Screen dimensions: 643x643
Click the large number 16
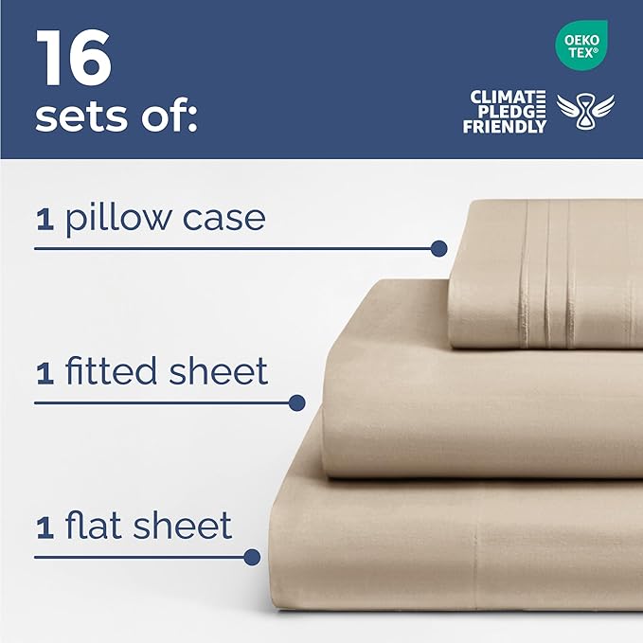tap(74, 60)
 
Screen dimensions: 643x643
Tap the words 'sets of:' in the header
tap(115, 118)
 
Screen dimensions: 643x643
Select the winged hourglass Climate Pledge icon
tap(585, 112)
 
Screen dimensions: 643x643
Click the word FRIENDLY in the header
tap(504, 126)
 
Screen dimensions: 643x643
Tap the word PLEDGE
tap(511, 112)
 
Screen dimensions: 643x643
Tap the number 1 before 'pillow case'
tap(45, 221)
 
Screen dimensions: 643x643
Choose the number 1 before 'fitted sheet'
tap(45, 373)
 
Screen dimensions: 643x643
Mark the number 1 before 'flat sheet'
tap(45, 527)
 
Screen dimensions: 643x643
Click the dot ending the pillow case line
tap(438, 248)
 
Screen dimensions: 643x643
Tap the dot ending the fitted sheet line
tap(296, 402)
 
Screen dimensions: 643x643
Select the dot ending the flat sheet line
tap(252, 557)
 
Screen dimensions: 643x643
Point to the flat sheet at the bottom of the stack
tap(455, 559)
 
